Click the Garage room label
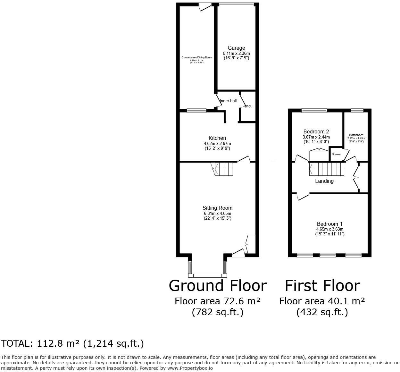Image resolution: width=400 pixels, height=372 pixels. point(236,48)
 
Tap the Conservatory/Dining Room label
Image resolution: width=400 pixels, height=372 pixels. point(197,57)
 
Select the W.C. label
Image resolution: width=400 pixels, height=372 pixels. point(248,106)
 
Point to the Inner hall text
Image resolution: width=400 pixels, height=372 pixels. point(228,101)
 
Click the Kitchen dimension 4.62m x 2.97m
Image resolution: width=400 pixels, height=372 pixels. point(217,144)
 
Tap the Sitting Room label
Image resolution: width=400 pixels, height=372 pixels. point(217,208)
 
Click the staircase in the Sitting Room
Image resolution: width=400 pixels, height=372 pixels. point(224,169)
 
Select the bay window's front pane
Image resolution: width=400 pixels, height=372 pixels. point(207,275)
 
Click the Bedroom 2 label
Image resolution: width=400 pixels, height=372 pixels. point(316,131)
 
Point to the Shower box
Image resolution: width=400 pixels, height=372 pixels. point(337,154)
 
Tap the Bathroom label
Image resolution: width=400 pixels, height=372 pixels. point(356,135)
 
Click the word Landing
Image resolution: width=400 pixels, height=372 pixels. point(324,181)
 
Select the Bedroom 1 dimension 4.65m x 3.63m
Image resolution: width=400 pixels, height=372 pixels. point(329,229)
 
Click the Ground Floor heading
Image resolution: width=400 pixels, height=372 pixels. point(218,285)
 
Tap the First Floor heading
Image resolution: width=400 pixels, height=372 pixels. point(322,285)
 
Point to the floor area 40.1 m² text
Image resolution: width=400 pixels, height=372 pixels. point(322,301)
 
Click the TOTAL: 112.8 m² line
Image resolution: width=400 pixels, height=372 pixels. point(72,344)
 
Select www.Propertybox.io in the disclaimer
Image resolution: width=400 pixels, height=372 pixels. point(190,368)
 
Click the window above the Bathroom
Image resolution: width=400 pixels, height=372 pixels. point(357,111)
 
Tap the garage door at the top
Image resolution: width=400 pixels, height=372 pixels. point(237,4)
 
